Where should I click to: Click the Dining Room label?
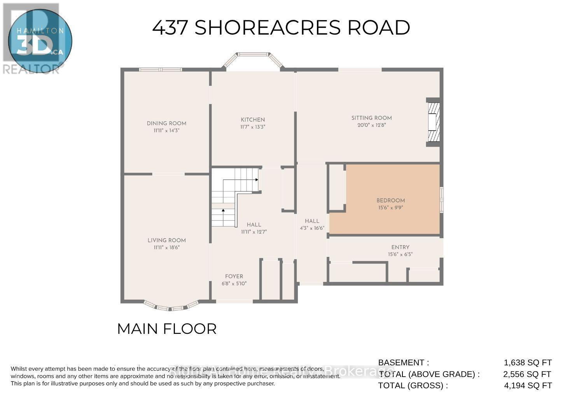(166, 123)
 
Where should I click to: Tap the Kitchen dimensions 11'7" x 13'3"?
(253, 127)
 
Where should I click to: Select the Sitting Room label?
(371, 118)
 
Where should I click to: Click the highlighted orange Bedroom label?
(390, 201)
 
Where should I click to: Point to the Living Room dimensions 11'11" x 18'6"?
(166, 247)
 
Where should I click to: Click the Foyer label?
(234, 276)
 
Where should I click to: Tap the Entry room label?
(400, 247)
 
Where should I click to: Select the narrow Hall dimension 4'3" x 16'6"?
(312, 228)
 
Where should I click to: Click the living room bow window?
(171, 307)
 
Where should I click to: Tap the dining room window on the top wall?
(161, 70)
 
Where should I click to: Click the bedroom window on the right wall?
(441, 199)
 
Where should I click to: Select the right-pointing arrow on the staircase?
(257, 180)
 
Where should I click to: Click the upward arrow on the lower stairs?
(223, 210)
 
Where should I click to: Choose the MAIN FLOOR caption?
(166, 329)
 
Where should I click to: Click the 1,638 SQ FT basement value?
(528, 363)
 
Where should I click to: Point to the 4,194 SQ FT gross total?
(528, 386)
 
